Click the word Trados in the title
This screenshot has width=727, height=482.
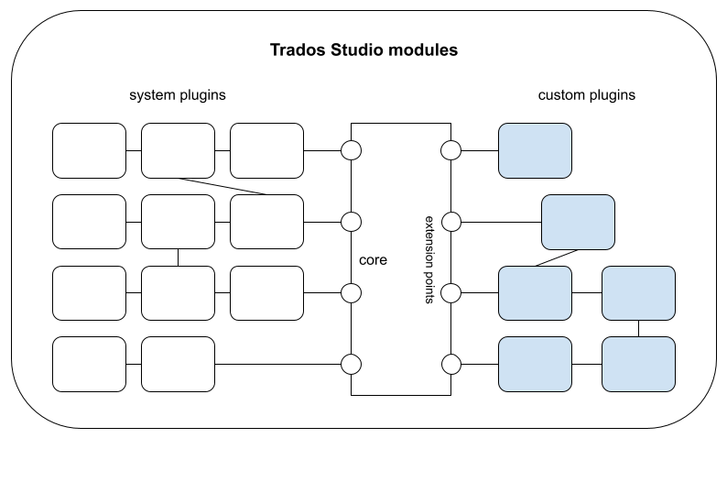pos(294,49)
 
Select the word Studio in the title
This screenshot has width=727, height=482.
pos(352,49)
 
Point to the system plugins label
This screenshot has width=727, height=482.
pos(178,95)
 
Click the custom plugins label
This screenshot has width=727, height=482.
pos(586,95)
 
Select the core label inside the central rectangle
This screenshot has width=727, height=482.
pos(373,260)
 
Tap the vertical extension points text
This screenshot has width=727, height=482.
pos(429,261)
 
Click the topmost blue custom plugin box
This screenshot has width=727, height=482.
pos(535,150)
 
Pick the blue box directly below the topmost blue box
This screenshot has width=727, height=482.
pos(578,222)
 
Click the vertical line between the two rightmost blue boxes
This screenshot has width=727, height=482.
pos(638,328)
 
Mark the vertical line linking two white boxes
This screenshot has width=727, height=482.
pos(178,257)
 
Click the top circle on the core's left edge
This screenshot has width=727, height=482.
pos(352,150)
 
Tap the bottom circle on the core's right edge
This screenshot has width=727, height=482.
pos(450,364)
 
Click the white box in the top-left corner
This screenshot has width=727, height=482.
pos(89,150)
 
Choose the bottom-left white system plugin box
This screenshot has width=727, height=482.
pos(89,364)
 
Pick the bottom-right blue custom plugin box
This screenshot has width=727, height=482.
pos(638,364)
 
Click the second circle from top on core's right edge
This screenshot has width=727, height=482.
pos(450,222)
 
